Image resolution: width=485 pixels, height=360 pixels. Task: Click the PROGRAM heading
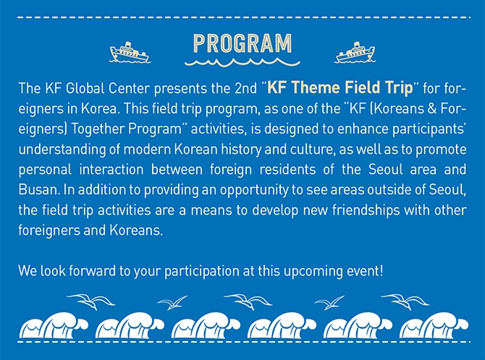click(x=242, y=43)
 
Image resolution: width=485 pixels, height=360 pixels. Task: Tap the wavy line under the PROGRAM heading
click(x=242, y=62)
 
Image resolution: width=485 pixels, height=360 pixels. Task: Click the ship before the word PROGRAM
click(x=130, y=53)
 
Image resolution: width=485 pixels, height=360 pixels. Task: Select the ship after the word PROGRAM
click(x=355, y=53)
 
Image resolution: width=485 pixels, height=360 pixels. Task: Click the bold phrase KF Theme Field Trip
click(x=340, y=88)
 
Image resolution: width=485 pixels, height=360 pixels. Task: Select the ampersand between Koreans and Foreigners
click(x=432, y=109)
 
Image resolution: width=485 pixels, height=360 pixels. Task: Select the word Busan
click(x=39, y=190)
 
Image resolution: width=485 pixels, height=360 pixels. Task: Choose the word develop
click(x=275, y=211)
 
